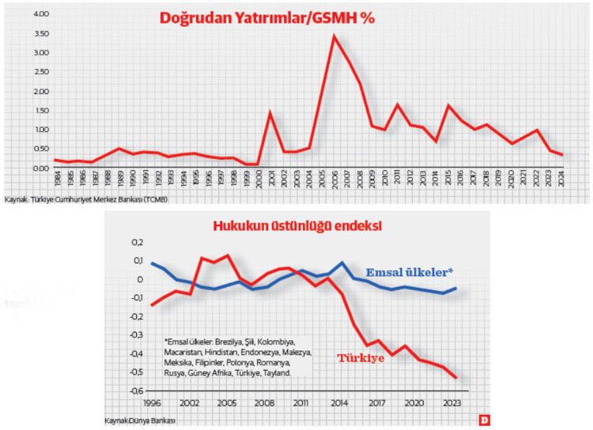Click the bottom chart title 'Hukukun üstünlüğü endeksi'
(297, 226)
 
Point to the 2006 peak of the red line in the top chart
(334, 36)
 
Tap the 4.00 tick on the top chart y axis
(19, 14)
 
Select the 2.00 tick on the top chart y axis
(19, 91)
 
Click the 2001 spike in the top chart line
(270, 112)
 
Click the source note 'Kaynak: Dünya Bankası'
(139, 420)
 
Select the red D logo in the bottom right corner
(482, 419)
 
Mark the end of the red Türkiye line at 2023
(456, 378)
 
